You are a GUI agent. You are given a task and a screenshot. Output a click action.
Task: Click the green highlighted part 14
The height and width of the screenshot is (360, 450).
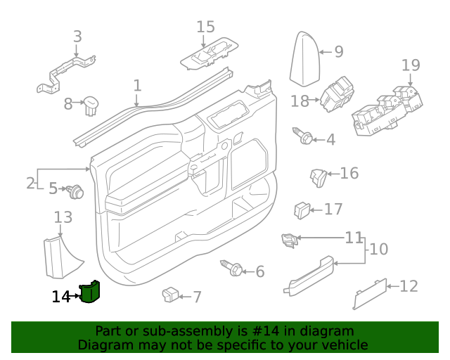(x=90, y=291)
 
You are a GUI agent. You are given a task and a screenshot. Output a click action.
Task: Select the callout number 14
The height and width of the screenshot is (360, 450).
(x=60, y=297)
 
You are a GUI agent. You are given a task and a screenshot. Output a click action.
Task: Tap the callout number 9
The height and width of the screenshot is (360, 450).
(x=338, y=51)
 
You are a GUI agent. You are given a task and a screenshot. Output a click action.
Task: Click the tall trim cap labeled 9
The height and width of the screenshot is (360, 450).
(x=306, y=58)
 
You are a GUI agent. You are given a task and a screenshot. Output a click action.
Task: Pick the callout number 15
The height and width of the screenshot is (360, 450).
(x=205, y=27)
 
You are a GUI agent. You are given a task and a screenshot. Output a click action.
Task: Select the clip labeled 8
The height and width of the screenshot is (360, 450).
(x=91, y=105)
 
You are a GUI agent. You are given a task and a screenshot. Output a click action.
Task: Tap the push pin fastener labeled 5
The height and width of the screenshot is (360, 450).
(x=75, y=190)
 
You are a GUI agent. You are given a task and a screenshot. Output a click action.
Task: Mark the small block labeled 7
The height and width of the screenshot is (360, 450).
(x=170, y=295)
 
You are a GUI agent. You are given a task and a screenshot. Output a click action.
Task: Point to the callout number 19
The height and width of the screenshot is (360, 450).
(x=411, y=65)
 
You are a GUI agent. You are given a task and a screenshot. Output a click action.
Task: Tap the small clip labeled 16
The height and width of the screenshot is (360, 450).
(x=318, y=176)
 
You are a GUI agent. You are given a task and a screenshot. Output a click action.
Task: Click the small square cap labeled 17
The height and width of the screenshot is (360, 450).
(x=302, y=209)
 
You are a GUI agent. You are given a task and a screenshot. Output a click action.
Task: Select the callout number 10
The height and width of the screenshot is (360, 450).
(x=378, y=249)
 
